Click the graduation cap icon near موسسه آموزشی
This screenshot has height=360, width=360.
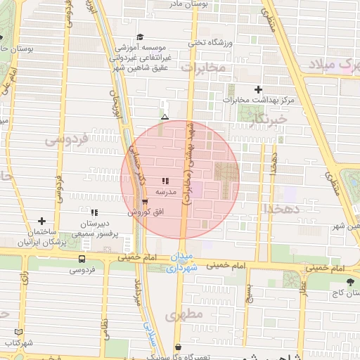(141, 37)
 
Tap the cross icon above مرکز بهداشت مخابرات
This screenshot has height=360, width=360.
(259, 89)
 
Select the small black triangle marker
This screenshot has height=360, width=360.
(165, 117)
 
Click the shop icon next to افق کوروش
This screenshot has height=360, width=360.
(145, 202)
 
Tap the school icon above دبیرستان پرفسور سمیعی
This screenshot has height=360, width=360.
(94, 212)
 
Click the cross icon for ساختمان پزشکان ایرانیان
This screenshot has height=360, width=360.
(41, 221)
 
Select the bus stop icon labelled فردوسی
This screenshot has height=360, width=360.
(82, 259)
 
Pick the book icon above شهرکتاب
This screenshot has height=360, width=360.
(18, 332)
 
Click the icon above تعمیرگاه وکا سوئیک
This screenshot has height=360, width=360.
(178, 347)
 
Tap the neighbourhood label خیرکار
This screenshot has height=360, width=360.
(269, 120)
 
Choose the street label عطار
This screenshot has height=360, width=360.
(304, 288)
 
